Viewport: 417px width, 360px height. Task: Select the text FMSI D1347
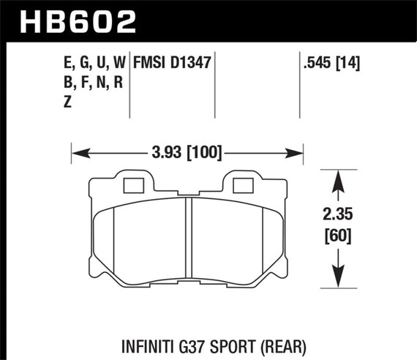point(172,64)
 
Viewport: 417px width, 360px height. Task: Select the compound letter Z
point(67,103)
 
